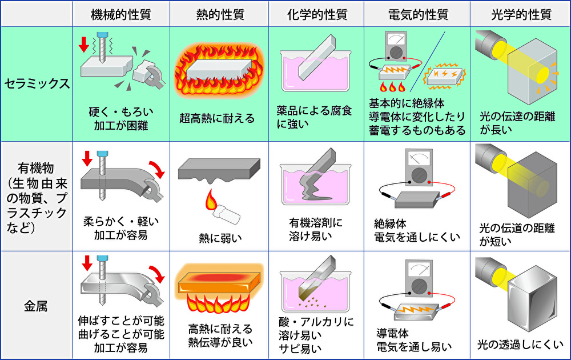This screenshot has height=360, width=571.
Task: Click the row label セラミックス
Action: pyautogui.click(x=37, y=84)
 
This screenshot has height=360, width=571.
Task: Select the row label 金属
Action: pyautogui.click(x=37, y=306)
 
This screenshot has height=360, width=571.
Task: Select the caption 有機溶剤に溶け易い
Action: pyautogui.click(x=316, y=227)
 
